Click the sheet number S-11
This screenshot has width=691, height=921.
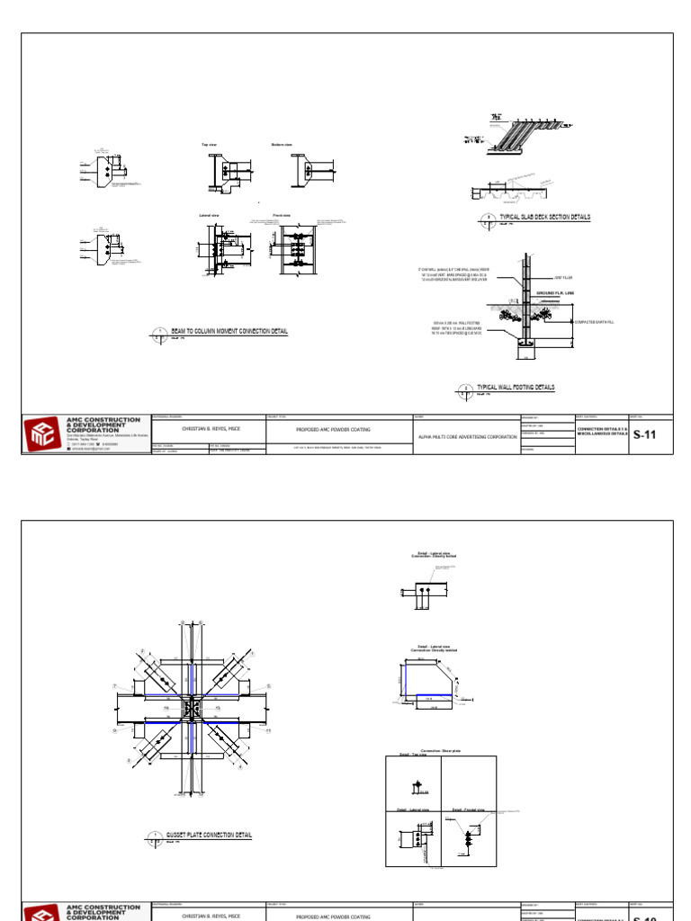click(645, 434)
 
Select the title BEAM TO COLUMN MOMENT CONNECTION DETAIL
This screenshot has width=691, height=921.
click(229, 332)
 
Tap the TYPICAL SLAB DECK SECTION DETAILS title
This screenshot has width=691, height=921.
click(533, 218)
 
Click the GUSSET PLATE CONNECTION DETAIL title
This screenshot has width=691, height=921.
click(209, 836)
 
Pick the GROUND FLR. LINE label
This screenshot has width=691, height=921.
click(555, 293)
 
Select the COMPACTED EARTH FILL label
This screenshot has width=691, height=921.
click(595, 322)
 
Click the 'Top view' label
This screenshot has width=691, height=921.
click(209, 145)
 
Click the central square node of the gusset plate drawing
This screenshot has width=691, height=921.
click(193, 709)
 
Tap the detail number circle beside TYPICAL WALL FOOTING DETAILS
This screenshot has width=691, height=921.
click(466, 389)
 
